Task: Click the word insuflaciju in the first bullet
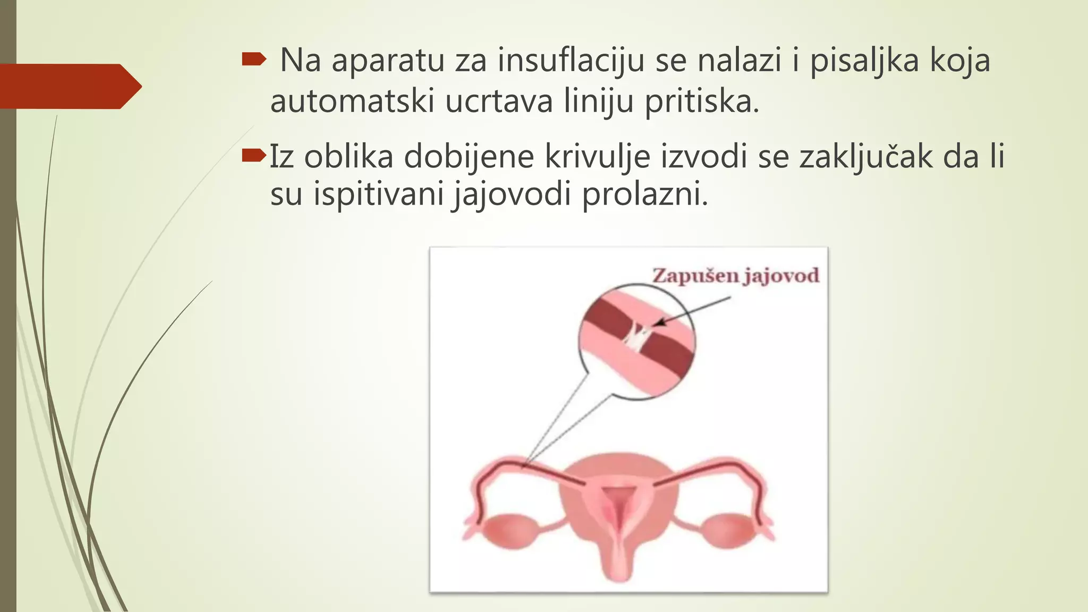point(571,60)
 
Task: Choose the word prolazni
point(645,194)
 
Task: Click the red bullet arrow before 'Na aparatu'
point(253,59)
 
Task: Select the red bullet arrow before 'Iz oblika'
point(253,155)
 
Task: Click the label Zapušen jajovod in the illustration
point(736,276)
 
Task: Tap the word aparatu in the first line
point(388,60)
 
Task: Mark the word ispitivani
point(378,194)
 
